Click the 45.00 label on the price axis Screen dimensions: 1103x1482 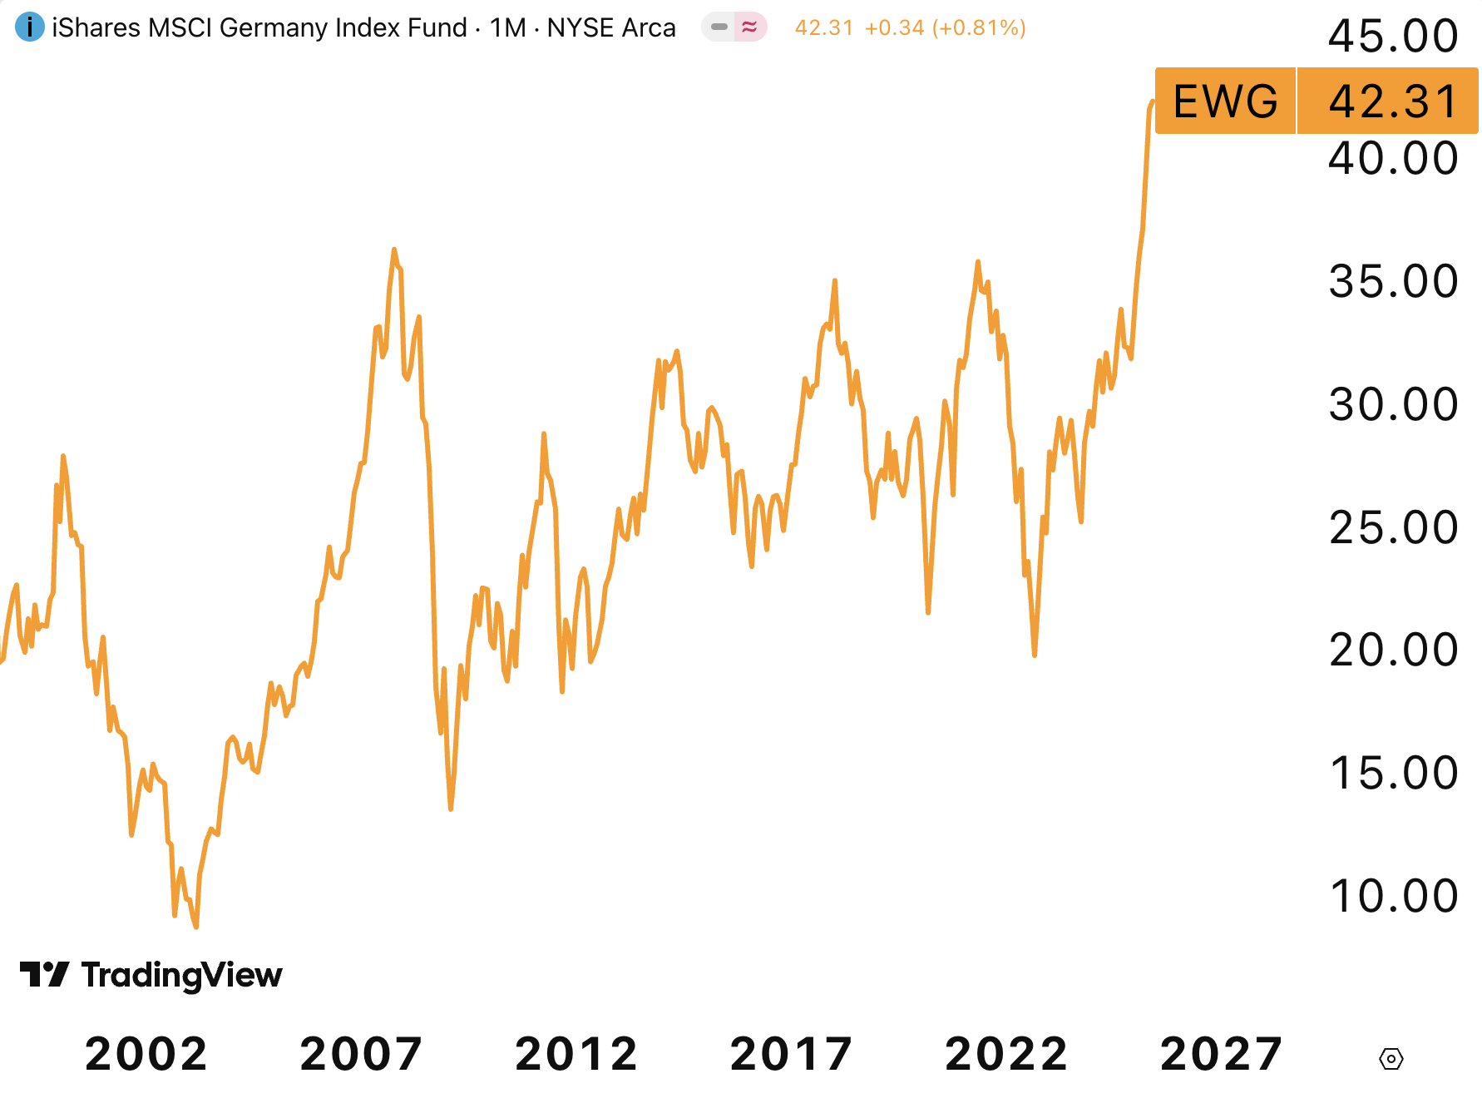tap(1392, 37)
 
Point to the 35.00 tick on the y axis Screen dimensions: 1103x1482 tap(1392, 281)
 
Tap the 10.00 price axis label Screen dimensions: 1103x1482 tap(1392, 897)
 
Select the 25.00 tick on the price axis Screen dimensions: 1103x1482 tap(1392, 527)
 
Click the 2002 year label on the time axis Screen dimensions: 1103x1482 tap(146, 1054)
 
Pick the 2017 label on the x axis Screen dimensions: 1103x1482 tap(791, 1054)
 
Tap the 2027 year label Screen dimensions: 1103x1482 tap(1221, 1054)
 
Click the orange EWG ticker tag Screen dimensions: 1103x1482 tap(1225, 101)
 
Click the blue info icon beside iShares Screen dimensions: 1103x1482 tap(30, 27)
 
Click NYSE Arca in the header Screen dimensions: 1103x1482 tap(611, 27)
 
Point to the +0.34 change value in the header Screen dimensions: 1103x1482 tap(894, 27)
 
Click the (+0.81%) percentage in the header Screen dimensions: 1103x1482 tap(979, 27)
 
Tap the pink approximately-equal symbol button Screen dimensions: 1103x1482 tap(749, 27)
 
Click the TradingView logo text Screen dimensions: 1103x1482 tap(181, 975)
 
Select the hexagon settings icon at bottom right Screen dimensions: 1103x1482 tap(1391, 1059)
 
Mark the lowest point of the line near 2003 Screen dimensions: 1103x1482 tap(195, 926)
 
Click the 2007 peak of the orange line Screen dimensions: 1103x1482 tap(394, 250)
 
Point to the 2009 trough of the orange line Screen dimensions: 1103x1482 tap(450, 808)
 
